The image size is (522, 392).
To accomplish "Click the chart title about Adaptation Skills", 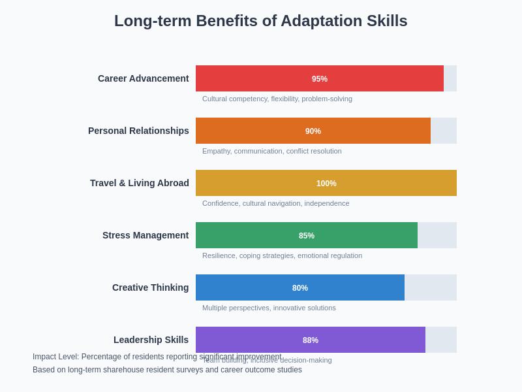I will pos(261,21).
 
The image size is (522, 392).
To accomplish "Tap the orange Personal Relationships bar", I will pos(248,131).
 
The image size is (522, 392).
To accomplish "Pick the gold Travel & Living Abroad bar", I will pos(261,183).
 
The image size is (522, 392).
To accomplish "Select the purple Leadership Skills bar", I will pos(248,340).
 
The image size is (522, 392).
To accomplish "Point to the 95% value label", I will pos(320,79).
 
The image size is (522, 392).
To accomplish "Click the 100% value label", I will pos(326,184).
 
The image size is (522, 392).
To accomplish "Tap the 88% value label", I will pos(311,340).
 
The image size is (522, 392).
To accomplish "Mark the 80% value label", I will pos(300,288).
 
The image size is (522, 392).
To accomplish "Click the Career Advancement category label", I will pos(143,78).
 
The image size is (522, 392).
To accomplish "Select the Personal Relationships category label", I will pos(138,131).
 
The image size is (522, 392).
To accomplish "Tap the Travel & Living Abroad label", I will pos(140,183).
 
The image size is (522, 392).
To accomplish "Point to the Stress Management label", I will pos(146,235).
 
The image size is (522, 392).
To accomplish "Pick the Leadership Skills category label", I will pos(151,340).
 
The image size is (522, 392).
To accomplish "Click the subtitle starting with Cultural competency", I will pos(277,99).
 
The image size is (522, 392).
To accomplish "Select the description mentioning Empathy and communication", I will pos(272,151).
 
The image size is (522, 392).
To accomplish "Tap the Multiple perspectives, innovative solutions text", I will pos(269,308).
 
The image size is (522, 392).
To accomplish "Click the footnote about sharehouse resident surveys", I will pos(167,370).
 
